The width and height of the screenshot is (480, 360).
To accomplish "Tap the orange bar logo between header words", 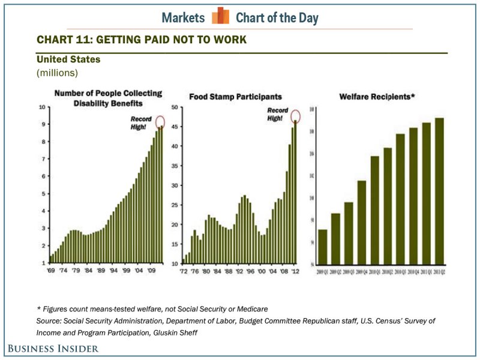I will tap(220, 16).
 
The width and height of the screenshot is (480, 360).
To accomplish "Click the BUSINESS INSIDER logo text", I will tap(53, 348).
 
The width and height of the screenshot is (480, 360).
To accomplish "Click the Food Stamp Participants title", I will tap(235, 96).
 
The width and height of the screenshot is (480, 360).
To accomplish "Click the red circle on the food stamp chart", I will tap(296, 116).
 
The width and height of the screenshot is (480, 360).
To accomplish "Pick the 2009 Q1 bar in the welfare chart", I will tap(322, 247).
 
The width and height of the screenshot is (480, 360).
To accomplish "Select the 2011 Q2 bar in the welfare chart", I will tap(439, 191).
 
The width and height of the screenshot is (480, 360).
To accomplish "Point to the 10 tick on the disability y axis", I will tap(43, 107).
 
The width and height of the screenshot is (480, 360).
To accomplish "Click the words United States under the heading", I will tap(68, 59).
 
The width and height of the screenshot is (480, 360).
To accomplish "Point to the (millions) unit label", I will tap(58, 73).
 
